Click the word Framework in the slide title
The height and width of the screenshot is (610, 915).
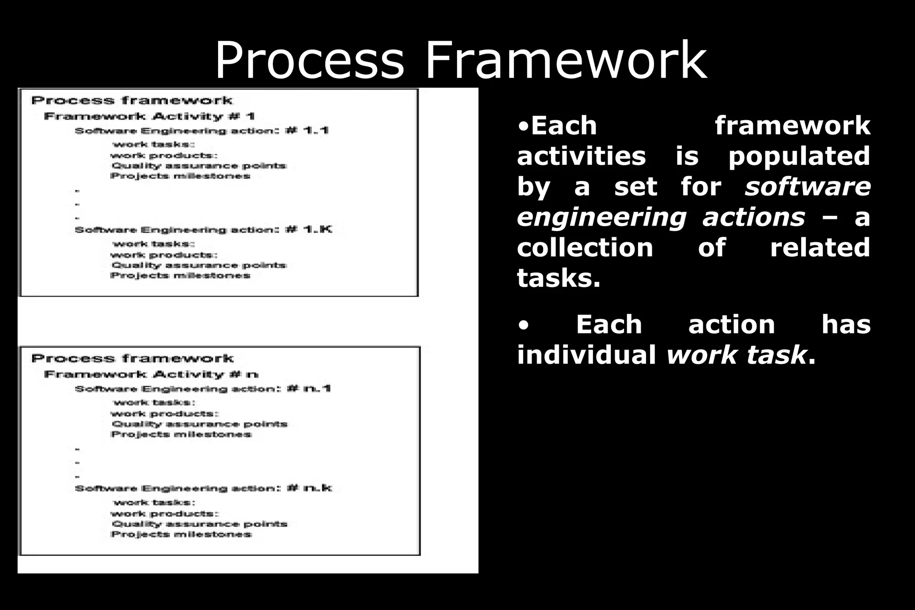click(566, 60)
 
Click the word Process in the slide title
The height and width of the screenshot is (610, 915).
click(309, 60)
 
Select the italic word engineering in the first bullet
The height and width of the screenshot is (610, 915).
click(601, 217)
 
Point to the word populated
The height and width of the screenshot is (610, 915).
click(799, 156)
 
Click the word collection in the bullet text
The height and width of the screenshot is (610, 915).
click(585, 248)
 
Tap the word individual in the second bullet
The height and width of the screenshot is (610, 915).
click(586, 355)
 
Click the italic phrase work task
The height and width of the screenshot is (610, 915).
click(737, 355)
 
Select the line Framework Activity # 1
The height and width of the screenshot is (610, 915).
click(149, 117)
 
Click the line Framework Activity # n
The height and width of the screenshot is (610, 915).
click(151, 374)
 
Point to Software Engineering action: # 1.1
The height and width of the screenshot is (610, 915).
click(201, 131)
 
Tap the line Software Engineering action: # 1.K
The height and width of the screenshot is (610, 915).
click(203, 230)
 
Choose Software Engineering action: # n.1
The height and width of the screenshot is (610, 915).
click(203, 389)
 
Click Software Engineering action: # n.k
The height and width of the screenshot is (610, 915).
click(203, 488)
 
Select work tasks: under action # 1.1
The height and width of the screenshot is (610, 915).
click(154, 144)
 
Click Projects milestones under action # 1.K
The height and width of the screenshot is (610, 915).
click(180, 276)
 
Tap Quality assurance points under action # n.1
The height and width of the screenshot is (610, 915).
click(199, 424)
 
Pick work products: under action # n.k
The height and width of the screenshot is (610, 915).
click(165, 514)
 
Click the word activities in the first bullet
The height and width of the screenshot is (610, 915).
click(581, 156)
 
